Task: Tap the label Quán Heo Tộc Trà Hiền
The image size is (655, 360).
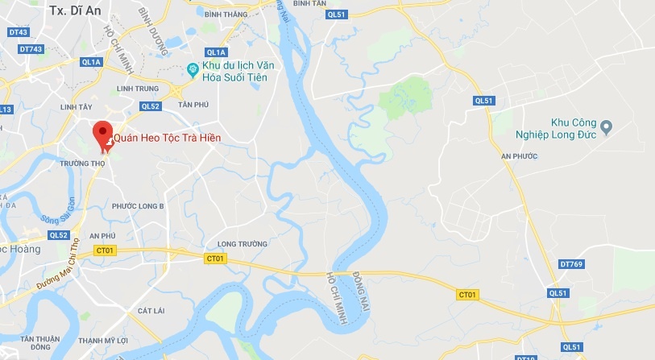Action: (x=167, y=139)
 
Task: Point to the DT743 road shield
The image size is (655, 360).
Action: (x=31, y=49)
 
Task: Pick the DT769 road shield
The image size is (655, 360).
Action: (x=570, y=264)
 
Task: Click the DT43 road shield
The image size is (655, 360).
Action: (x=18, y=32)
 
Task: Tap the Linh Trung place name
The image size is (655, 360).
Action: (x=135, y=89)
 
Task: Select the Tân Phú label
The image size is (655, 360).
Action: (x=193, y=105)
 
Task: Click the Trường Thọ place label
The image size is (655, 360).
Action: (x=82, y=163)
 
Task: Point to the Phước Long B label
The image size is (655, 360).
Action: (x=138, y=206)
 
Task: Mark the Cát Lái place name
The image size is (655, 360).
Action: (x=151, y=310)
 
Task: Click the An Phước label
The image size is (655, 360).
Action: (x=518, y=155)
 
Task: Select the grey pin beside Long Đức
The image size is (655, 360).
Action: (x=607, y=126)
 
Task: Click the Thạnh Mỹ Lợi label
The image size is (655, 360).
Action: (x=103, y=341)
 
